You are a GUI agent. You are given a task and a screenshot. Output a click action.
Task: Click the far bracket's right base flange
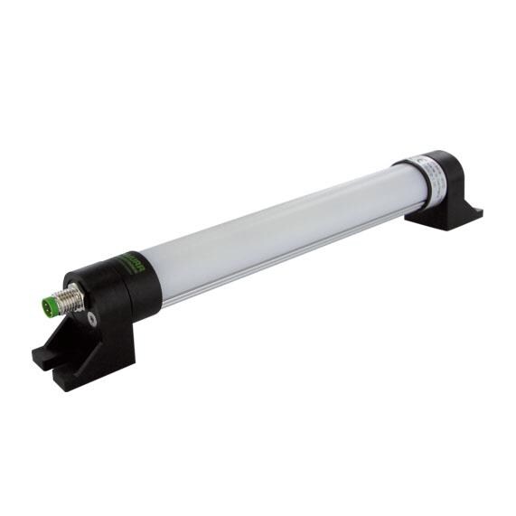(470, 214)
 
